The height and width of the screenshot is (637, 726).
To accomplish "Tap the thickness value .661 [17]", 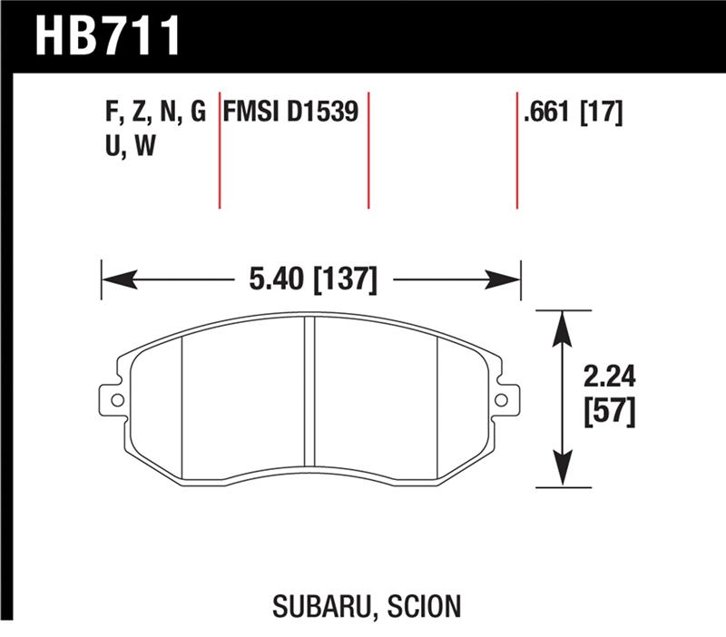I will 572,113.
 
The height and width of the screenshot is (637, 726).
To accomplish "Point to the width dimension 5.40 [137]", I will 310,279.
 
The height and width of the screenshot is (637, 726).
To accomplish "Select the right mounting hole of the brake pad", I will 502,398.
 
